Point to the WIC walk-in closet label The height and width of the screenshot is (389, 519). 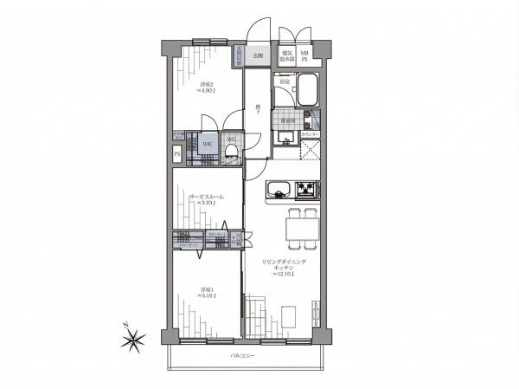208,144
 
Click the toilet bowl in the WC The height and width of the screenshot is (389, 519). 231,150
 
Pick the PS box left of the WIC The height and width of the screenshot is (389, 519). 177,155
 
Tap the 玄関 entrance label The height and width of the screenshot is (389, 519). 257,55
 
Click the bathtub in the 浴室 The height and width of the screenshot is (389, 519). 308,89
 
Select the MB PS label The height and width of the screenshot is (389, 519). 304,57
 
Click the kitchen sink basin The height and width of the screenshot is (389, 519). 279,189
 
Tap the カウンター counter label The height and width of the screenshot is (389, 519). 310,136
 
